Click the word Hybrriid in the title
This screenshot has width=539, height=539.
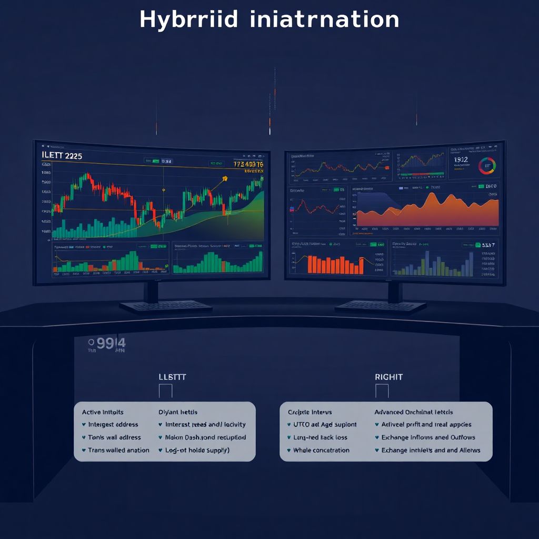(x=189, y=20)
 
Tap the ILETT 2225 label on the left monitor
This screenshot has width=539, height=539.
(x=61, y=156)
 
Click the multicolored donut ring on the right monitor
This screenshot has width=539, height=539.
(x=487, y=167)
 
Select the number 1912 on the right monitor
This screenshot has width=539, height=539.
(x=461, y=159)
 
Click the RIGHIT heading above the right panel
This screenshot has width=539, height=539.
(x=388, y=377)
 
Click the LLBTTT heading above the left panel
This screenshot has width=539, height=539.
(x=172, y=377)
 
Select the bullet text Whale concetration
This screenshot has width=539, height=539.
(x=321, y=451)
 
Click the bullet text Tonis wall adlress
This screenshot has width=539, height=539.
(x=114, y=437)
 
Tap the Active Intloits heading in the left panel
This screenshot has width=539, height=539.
(x=103, y=412)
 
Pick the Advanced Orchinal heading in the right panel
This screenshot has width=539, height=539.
(x=413, y=412)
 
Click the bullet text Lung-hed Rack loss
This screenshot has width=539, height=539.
(x=321, y=437)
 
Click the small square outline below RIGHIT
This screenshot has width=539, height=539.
(x=382, y=391)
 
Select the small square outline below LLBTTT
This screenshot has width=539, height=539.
(x=165, y=391)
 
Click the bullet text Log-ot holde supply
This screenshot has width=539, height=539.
(x=197, y=451)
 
